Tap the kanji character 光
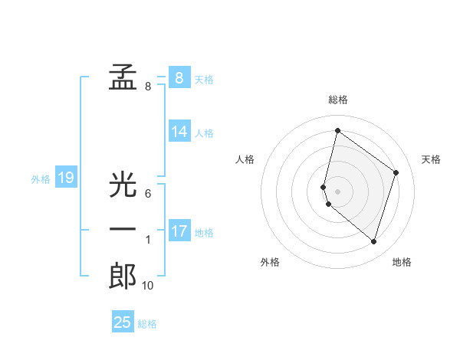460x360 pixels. [123, 185]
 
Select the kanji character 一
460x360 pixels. [123, 230]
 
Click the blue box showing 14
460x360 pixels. [179, 132]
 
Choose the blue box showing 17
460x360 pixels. [179, 231]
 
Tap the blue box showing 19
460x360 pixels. [65, 178]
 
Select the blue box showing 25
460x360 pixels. [123, 322]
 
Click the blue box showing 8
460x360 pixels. [179, 77]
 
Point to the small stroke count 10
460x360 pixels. [148, 286]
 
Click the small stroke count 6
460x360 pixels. [148, 194]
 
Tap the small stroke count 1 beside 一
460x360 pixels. [148, 240]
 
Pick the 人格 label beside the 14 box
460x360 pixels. [204, 133]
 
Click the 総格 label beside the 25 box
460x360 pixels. [147, 324]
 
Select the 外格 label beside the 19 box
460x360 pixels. [41, 179]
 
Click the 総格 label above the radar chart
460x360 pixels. [337, 100]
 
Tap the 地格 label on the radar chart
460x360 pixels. [402, 262]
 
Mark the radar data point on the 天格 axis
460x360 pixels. [396, 172]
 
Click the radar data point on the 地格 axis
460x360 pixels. [373, 241]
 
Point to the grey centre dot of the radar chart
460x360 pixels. [337, 191]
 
